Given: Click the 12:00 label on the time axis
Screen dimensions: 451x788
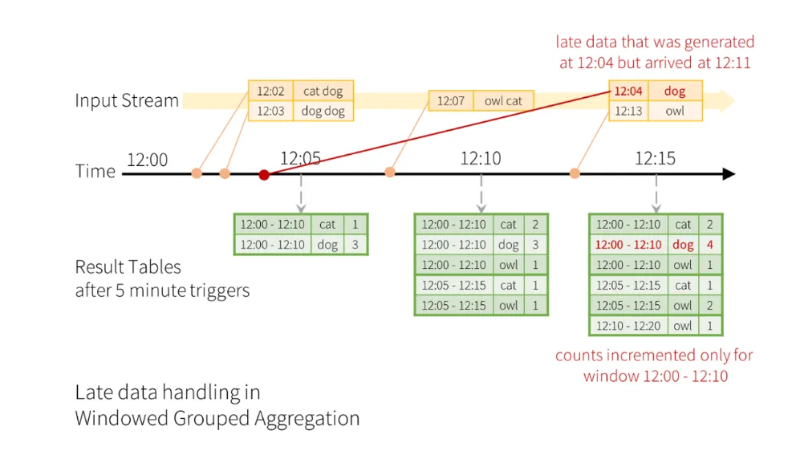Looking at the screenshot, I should tap(148, 160).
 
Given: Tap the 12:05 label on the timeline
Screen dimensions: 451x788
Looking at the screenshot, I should tap(301, 159).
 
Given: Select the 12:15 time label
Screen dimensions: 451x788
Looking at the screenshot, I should tap(655, 159).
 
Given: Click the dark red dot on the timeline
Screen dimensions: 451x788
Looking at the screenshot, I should tap(264, 174).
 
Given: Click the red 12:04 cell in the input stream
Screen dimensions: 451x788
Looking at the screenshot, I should tap(628, 91).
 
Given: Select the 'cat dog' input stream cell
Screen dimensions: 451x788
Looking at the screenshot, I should tap(323, 91).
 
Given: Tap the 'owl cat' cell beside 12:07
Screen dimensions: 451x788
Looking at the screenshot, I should tap(503, 101).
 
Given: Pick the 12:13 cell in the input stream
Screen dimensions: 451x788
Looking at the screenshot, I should tap(628, 111).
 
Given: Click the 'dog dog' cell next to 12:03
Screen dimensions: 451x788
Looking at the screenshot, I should tap(323, 111).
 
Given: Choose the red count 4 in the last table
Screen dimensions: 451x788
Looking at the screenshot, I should tap(709, 245).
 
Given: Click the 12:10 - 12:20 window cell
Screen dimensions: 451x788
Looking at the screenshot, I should tap(629, 326).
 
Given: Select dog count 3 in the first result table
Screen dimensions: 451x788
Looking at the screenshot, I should tap(355, 245).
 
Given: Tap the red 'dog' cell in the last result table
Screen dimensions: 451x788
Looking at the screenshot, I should tap(683, 245).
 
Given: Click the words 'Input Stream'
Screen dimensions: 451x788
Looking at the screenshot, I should tap(127, 101).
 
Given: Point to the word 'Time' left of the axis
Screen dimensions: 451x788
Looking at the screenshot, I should tap(95, 171).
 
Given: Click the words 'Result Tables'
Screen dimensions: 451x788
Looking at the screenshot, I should tap(128, 267).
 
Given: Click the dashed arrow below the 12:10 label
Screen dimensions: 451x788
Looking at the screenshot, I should tap(481, 193).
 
